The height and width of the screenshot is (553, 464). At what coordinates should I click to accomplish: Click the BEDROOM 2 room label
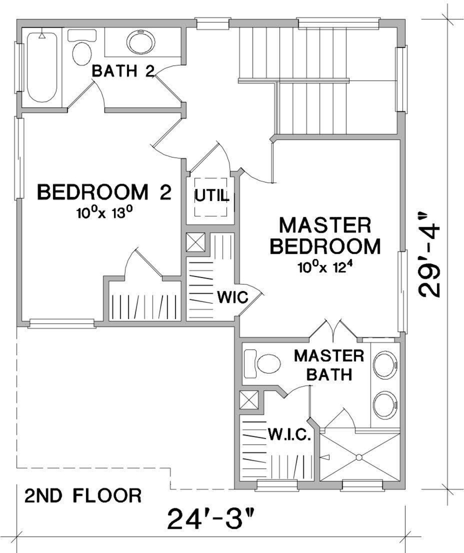point(104,192)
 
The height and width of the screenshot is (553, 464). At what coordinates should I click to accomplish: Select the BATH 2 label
point(123,71)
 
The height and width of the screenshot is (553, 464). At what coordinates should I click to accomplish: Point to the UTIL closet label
point(212,195)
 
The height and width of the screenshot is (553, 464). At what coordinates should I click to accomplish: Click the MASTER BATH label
point(329,365)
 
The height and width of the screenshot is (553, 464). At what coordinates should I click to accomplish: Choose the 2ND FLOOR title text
point(83,496)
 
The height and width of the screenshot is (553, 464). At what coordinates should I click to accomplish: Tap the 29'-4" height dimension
point(429,255)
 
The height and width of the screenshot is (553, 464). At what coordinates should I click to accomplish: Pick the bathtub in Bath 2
point(42,68)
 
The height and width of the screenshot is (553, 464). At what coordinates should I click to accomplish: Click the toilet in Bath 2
point(82,48)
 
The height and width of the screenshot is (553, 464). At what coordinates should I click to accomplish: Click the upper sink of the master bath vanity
point(385,365)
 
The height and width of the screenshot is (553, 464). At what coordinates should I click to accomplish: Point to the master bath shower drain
point(359,457)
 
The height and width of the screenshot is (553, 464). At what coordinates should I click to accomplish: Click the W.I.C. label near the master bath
point(290,435)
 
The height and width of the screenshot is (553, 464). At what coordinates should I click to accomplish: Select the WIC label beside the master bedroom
point(232,298)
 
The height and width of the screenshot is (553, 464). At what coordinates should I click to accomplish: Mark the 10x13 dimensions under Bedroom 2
point(104,213)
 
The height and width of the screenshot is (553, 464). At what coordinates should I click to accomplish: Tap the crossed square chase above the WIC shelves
point(196,242)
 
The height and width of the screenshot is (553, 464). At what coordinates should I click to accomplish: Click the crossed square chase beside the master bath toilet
point(249,400)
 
